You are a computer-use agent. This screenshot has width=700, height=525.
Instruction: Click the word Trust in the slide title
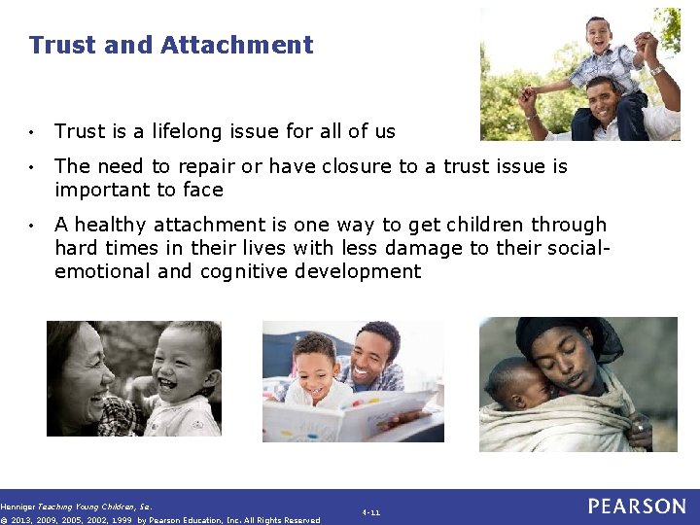(x=57, y=45)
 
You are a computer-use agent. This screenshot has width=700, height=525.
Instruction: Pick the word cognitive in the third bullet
(x=242, y=271)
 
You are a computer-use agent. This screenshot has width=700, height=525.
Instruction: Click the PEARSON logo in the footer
(x=637, y=507)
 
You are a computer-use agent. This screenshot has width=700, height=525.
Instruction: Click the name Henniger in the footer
(x=17, y=507)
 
